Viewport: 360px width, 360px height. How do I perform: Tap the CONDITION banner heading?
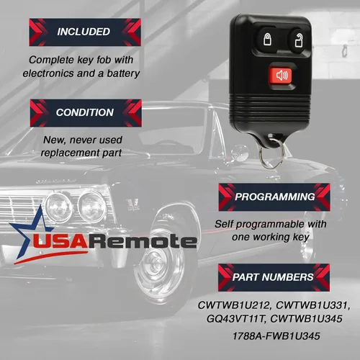tap(86, 113)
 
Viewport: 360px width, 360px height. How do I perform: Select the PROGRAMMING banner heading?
tap(274, 197)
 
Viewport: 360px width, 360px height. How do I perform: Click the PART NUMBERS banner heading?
tap(274, 277)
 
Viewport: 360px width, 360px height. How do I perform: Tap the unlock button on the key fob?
tap(298, 41)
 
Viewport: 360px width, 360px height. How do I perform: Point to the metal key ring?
tap(272, 153)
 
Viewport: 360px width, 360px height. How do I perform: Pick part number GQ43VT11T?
tap(236, 319)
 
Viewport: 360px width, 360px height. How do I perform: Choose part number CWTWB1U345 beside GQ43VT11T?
tap(306, 319)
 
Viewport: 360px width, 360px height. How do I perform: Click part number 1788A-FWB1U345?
tap(276, 336)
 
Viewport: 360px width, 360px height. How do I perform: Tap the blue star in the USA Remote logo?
tap(28, 230)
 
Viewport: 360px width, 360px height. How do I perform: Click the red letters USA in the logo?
tap(60, 241)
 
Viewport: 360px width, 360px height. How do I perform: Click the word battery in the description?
tap(123, 73)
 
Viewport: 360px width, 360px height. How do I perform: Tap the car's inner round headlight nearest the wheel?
tap(92, 207)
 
